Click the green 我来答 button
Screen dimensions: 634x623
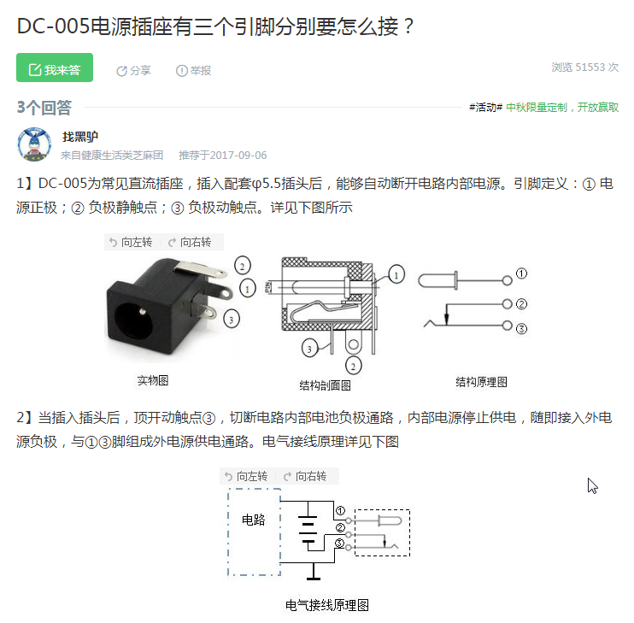(x=55, y=68)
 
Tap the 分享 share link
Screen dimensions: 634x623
(x=133, y=71)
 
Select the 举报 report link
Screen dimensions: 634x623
(x=193, y=71)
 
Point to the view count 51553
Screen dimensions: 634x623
(x=590, y=68)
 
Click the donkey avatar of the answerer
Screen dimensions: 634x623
(x=34, y=144)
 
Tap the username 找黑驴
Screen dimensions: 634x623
(x=80, y=137)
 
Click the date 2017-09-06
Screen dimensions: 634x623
(x=238, y=156)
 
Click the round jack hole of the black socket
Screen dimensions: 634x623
(x=134, y=320)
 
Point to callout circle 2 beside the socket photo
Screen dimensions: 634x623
(x=243, y=266)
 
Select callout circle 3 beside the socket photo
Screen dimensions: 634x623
(x=232, y=320)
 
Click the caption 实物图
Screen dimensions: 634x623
(x=153, y=380)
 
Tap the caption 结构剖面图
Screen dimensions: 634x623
(x=325, y=385)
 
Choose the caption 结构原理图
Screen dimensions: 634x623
(x=481, y=382)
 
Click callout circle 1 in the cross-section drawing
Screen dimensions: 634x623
(x=396, y=275)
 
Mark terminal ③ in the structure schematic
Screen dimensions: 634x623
(x=521, y=329)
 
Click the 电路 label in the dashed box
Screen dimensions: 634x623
(x=254, y=520)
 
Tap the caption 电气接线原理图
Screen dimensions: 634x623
(x=327, y=605)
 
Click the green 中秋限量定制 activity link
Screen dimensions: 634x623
(x=537, y=107)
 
